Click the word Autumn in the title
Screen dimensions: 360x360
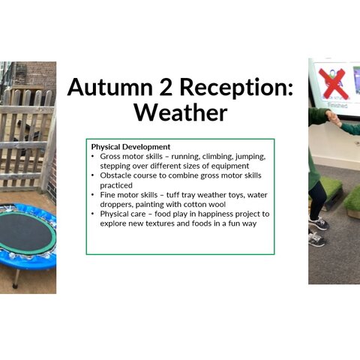point(110,87)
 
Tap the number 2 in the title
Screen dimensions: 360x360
point(166,87)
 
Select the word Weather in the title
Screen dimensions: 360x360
point(181,112)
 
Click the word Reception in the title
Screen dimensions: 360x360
point(236,88)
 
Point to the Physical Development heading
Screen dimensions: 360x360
point(130,147)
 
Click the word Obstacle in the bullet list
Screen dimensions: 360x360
point(115,175)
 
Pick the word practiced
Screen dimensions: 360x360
point(116,185)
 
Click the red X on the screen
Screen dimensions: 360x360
point(333,84)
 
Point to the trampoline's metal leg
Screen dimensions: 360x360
point(16,277)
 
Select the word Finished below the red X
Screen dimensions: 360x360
point(337,105)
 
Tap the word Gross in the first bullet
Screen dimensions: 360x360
point(110,157)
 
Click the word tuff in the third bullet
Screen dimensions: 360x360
point(172,195)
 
